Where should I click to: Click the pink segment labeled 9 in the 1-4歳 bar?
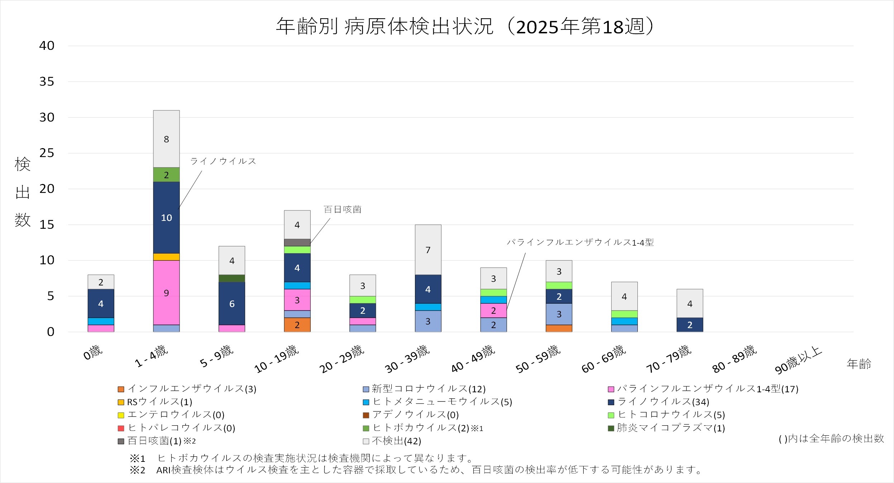point(166,293)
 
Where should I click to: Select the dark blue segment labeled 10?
point(166,218)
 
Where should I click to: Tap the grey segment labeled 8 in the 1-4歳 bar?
point(166,139)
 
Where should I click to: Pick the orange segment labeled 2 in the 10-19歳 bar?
point(297,325)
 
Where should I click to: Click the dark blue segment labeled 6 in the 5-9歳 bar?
point(232,304)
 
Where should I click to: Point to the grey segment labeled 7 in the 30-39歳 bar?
point(428,250)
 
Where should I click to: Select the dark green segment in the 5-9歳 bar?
point(232,279)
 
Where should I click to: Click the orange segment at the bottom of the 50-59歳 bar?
point(559,328)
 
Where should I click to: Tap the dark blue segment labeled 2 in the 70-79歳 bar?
point(690,325)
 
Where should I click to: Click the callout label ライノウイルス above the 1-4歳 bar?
point(223,161)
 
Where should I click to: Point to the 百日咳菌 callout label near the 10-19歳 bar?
point(342,209)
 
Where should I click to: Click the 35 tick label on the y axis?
point(47,82)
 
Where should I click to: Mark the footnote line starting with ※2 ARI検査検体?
point(416,470)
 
